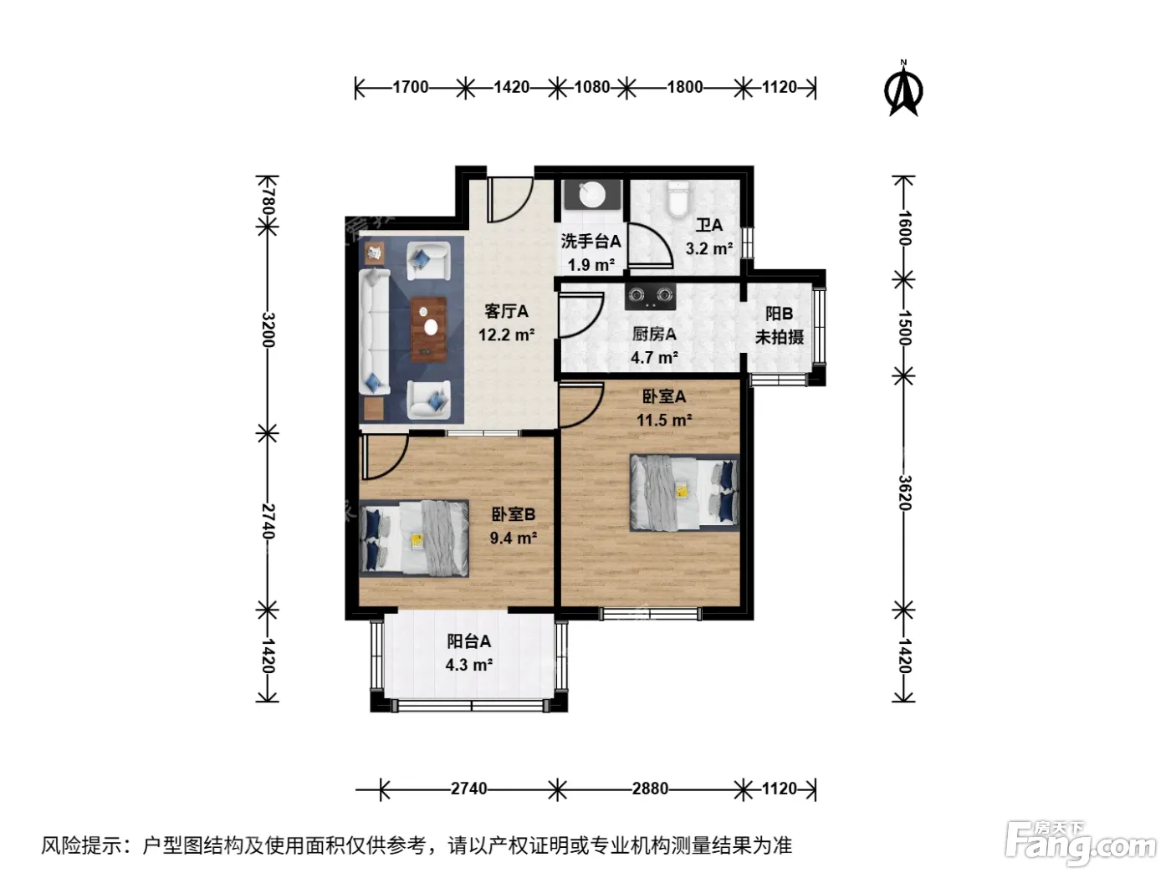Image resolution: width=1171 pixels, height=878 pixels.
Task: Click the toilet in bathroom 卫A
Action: point(678,199)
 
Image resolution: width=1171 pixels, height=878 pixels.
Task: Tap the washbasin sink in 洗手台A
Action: point(592,194)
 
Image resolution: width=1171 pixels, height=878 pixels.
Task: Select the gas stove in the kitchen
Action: point(650,296)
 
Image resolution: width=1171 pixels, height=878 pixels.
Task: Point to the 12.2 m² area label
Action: point(506,334)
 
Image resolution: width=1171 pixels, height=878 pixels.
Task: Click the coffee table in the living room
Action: point(428,329)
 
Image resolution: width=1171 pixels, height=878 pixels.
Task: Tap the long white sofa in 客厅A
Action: point(375,332)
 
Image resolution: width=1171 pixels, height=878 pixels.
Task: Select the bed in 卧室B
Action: point(414,538)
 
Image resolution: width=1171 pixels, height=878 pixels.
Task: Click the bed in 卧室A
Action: point(684,493)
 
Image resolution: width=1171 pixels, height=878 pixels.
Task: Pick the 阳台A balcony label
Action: point(468,641)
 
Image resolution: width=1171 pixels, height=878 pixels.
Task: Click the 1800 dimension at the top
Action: point(684,87)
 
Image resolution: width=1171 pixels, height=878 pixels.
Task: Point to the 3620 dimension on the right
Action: point(903,493)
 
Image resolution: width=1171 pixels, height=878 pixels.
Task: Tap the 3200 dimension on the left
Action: point(268,330)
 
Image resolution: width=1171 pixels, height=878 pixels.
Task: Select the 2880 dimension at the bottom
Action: point(650,788)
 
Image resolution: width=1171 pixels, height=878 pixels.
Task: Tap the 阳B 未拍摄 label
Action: point(779,325)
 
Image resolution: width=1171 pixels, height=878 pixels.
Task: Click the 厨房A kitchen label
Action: point(654,334)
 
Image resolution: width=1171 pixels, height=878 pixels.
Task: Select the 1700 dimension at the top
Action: point(410,87)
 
